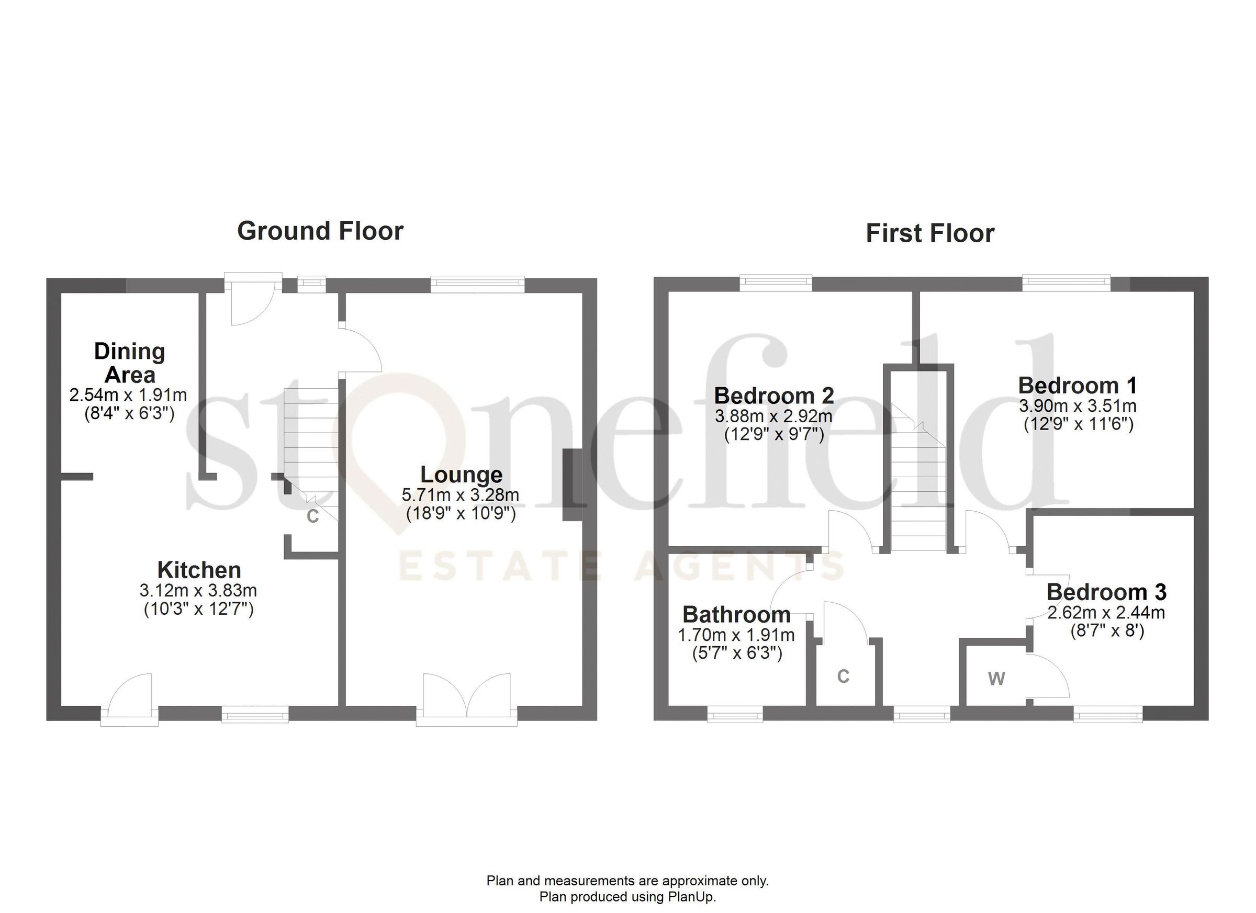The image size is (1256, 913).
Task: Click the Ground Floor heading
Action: coord(320,231)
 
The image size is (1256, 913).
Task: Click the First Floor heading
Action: coord(930,233)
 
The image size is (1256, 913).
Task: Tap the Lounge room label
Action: coord(461,475)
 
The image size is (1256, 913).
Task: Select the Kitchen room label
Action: coord(199,570)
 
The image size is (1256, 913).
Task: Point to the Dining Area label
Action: coord(130,363)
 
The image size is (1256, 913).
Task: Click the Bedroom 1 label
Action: coord(1078,386)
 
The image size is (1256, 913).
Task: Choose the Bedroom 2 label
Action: coord(774,396)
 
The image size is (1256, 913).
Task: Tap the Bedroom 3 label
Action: coord(1106,592)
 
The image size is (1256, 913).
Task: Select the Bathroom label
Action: coord(736,614)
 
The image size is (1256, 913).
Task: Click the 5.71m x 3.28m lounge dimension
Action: coord(461,494)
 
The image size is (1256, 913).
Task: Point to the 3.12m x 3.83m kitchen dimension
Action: coord(198,590)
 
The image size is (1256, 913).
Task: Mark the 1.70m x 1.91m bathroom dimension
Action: coord(736,635)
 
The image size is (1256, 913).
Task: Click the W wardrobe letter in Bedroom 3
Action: coord(996,678)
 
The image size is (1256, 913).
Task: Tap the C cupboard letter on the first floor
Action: coord(843,676)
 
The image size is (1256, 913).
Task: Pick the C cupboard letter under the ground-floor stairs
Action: coord(313,516)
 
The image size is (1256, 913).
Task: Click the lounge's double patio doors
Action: coord(467,698)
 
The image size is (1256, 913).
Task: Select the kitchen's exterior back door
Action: coord(130,698)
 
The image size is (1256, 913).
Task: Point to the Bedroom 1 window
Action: coord(1066,284)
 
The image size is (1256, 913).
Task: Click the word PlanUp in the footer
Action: coord(694,896)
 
